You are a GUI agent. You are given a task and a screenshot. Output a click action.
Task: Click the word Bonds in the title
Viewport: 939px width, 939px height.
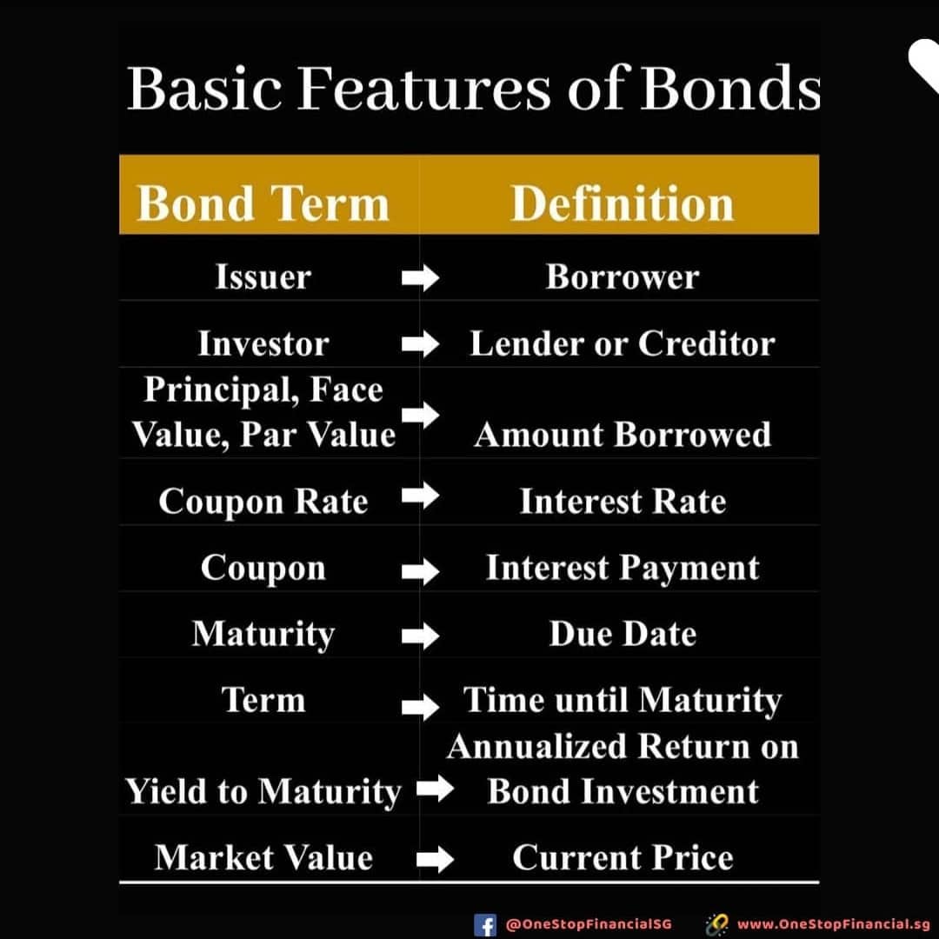(730, 88)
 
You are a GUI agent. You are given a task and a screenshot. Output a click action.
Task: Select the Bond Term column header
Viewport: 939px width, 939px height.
(263, 203)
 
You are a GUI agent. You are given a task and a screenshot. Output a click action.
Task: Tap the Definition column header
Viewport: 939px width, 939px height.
(623, 203)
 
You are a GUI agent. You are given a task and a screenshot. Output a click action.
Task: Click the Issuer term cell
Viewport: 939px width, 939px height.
(263, 276)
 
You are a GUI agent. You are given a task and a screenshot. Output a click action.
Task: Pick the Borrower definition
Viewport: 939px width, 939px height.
(623, 276)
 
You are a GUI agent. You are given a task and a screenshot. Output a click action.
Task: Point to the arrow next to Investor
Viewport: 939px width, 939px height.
(421, 343)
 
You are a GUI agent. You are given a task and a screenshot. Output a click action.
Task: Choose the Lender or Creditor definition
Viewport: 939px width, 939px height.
(623, 343)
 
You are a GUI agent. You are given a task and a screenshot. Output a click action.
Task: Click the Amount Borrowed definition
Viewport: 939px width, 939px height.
(623, 434)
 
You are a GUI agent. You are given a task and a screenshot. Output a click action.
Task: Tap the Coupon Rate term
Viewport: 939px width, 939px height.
(263, 502)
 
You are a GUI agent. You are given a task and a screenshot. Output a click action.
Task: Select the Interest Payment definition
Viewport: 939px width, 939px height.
(623, 568)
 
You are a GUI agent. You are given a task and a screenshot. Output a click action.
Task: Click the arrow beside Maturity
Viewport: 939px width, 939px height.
(421, 636)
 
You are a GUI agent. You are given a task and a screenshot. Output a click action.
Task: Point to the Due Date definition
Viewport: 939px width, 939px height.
(623, 634)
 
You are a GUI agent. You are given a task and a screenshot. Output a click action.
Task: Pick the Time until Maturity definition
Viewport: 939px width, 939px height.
(623, 700)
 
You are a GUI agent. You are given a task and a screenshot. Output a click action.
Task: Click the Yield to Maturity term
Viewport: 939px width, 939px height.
(263, 792)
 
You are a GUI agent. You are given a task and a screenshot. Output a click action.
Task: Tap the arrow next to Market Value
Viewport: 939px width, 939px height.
(436, 860)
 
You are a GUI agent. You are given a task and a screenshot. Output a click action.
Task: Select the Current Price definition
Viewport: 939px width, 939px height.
(623, 857)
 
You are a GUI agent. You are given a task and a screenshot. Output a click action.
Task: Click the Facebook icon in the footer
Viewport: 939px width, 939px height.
(484, 924)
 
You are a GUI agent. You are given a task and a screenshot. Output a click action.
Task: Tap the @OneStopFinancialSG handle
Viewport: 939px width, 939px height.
(589, 924)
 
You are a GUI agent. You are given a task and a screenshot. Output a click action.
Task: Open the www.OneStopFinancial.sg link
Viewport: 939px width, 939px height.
(833, 924)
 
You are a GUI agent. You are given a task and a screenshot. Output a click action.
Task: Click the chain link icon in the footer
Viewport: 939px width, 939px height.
(716, 924)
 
